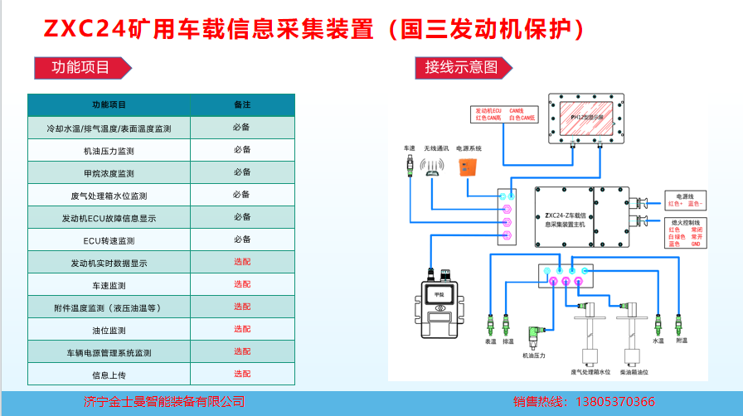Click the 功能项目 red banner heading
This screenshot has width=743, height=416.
pyautogui.click(x=80, y=67)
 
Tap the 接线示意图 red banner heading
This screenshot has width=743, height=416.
pyautogui.click(x=461, y=67)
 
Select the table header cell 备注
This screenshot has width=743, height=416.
pyautogui.click(x=242, y=105)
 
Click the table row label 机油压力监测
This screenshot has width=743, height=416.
pyautogui.click(x=109, y=152)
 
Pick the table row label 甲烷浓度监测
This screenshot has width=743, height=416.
pyautogui.click(x=109, y=174)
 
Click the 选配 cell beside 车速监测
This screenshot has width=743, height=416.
pyautogui.click(x=242, y=284)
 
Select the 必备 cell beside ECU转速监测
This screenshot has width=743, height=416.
pyautogui.click(x=242, y=239)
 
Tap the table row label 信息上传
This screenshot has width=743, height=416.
pyautogui.click(x=109, y=375)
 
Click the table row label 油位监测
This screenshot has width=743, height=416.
pyautogui.click(x=109, y=330)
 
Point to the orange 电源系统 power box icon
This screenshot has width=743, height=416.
pyautogui.click(x=469, y=167)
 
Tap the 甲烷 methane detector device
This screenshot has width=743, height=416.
pyautogui.click(x=439, y=309)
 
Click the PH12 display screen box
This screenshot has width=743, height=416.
pyautogui.click(x=590, y=120)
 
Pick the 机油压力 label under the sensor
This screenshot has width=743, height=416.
pyautogui.click(x=533, y=356)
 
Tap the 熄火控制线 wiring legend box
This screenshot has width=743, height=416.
pyautogui.click(x=685, y=233)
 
